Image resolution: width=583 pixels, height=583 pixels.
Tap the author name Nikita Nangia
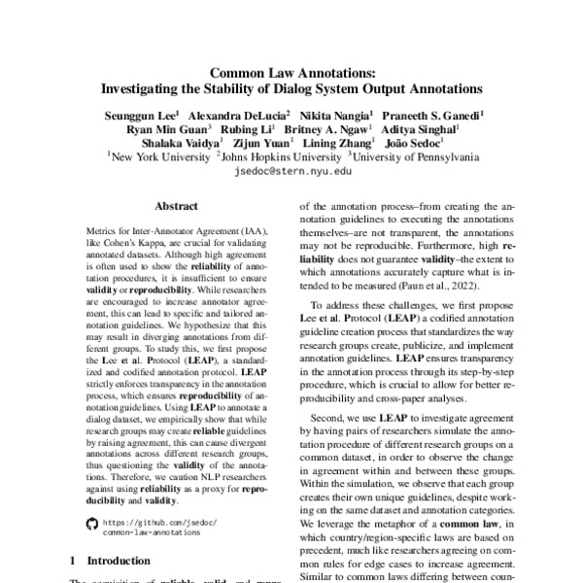[x=324, y=114]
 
